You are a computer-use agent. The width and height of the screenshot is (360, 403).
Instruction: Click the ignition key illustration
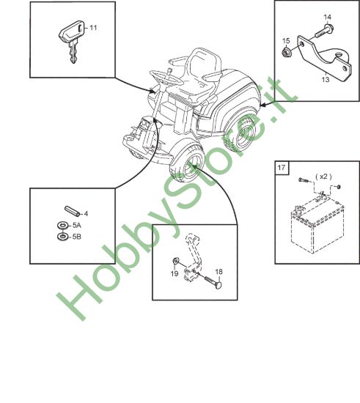pos(73,39)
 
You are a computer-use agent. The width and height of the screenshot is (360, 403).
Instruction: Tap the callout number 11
pos(93,28)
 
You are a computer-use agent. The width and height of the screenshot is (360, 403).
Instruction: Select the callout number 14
pos(327,18)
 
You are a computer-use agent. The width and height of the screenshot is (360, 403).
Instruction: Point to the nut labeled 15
pos(285,53)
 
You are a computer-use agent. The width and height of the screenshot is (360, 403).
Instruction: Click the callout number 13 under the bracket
pos(326,79)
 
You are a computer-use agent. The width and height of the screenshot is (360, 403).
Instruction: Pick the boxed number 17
pos(282,168)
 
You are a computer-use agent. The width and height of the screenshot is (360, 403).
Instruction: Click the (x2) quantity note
pos(323,177)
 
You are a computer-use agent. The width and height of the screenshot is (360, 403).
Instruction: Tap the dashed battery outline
pos(317,226)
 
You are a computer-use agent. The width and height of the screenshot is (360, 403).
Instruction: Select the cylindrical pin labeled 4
pos(73,211)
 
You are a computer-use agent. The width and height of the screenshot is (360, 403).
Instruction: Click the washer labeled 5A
pos(62,226)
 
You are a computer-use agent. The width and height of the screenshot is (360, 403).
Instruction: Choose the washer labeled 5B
pos(62,237)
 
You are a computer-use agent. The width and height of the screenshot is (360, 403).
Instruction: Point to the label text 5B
pos(77,237)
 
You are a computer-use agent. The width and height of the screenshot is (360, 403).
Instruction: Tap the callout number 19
pos(175,273)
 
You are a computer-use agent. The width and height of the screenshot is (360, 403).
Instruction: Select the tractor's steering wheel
pos(166,77)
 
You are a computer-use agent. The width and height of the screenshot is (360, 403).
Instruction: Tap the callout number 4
pos(86,213)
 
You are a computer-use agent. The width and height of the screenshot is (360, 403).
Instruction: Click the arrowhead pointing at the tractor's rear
pos(263,105)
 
